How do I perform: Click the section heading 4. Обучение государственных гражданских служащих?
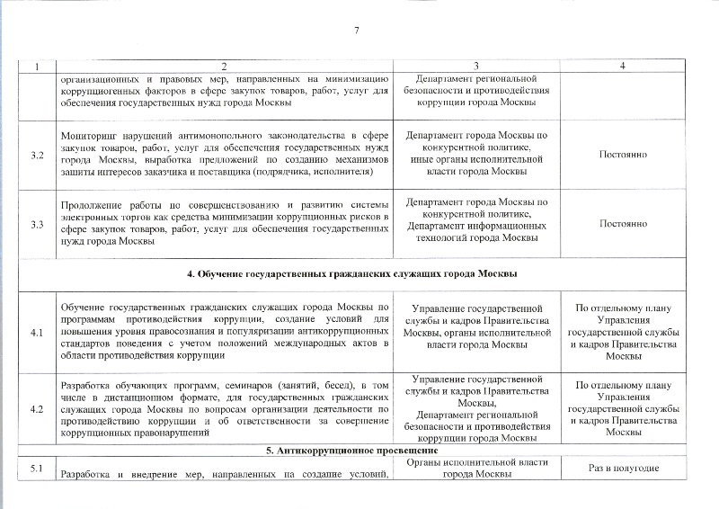point(359,273)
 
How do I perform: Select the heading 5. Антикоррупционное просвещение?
point(359,449)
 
